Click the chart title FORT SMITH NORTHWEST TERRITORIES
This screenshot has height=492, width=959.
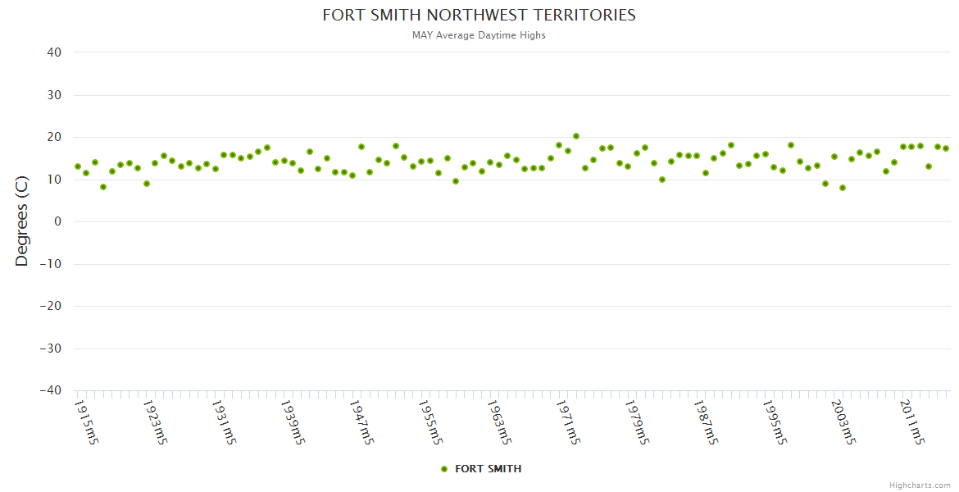coord(479,16)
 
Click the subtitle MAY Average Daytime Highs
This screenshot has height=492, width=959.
coord(479,35)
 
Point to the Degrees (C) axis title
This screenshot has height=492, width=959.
coord(22,221)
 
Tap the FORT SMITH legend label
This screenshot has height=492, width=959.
coord(488,469)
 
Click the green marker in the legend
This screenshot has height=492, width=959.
coord(444,469)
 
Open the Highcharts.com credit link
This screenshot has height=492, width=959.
coord(920,485)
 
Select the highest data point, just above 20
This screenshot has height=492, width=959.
coord(576,136)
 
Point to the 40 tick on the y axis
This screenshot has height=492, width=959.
coord(54,52)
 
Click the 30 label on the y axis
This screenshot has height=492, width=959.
coord(54,95)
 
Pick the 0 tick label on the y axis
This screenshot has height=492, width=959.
coord(58,221)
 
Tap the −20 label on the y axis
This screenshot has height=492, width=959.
coord(51,306)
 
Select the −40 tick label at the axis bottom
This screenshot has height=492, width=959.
coord(51,390)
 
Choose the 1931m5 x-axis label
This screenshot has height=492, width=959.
coord(225,421)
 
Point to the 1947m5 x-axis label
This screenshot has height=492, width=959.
coord(362,421)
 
